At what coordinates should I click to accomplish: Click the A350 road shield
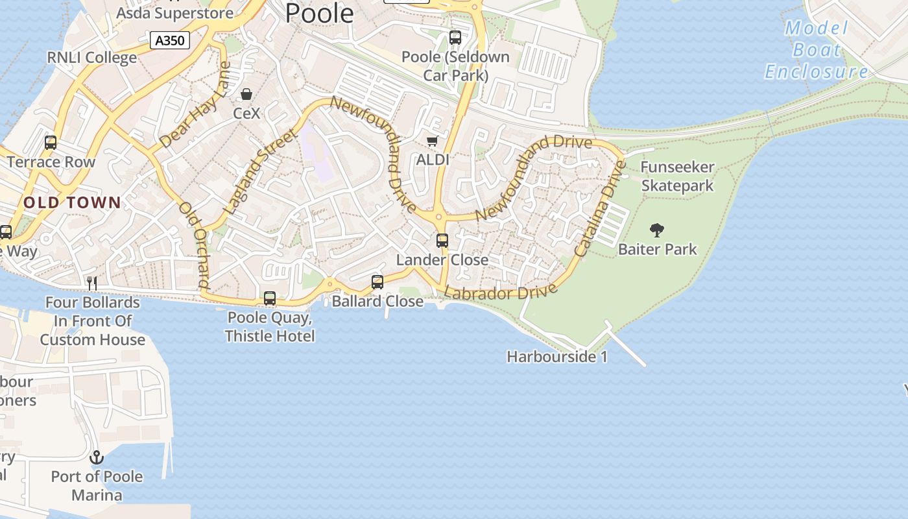click(171, 41)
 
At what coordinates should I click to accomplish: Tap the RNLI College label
click(92, 58)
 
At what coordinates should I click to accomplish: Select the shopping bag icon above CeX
click(246, 95)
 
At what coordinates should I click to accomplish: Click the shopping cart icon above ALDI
click(432, 141)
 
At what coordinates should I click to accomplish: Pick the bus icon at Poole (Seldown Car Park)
click(455, 38)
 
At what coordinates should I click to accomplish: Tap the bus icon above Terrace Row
click(51, 143)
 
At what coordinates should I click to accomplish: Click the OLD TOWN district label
click(72, 202)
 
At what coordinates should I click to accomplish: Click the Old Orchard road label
click(195, 245)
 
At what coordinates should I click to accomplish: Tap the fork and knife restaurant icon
click(92, 283)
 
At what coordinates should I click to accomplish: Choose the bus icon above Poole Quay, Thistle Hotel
click(270, 298)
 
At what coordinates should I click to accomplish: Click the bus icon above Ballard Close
click(377, 282)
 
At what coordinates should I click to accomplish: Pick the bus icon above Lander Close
click(442, 241)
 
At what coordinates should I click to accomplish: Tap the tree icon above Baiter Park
click(657, 230)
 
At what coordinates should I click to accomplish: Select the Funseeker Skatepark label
click(677, 176)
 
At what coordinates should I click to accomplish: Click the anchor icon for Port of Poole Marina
click(97, 458)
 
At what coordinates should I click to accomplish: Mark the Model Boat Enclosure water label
click(816, 50)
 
